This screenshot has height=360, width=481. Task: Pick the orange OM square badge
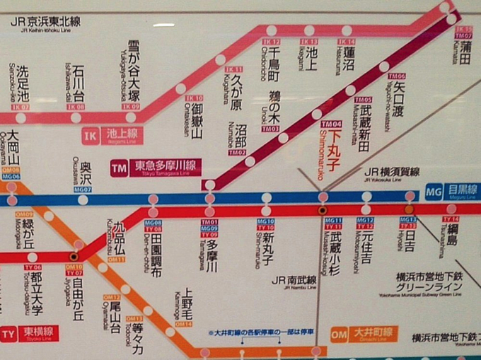click(340, 333)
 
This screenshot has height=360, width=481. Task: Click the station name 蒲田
click(465, 53)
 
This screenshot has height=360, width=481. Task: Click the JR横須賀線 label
click(392, 171)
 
